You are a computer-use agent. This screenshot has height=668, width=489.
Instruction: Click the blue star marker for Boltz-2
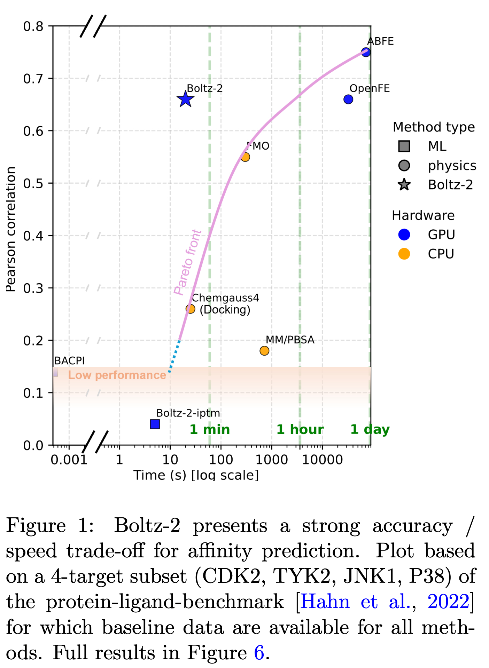(x=185, y=100)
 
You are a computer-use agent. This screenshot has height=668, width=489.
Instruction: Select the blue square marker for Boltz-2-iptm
(x=155, y=424)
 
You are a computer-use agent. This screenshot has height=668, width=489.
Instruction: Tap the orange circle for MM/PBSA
(x=264, y=351)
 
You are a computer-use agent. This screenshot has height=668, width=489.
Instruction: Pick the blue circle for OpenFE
(x=348, y=100)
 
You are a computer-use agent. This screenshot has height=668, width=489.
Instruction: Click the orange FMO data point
(x=245, y=157)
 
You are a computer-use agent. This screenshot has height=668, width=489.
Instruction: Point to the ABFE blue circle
(x=366, y=52)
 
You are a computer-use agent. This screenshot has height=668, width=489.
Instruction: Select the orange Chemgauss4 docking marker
(x=190, y=309)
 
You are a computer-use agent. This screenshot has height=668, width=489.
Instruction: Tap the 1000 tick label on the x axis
(x=272, y=460)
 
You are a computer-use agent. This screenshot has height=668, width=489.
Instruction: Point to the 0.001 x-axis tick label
(x=69, y=460)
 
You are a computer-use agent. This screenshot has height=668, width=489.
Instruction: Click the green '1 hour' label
(x=300, y=430)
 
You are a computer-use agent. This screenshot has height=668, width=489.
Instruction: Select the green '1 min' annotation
(x=210, y=430)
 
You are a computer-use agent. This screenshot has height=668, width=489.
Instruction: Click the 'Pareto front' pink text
(x=187, y=263)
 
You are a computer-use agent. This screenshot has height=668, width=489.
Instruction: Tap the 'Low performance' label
(x=117, y=375)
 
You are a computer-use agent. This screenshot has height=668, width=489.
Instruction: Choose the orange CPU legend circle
(x=404, y=254)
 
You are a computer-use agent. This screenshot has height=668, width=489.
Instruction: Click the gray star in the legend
(x=404, y=185)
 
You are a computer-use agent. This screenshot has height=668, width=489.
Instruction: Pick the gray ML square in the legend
(x=404, y=146)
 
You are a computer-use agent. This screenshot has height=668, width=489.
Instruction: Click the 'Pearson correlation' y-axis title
(x=11, y=230)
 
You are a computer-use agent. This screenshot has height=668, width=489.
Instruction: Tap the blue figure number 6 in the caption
(x=259, y=653)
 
